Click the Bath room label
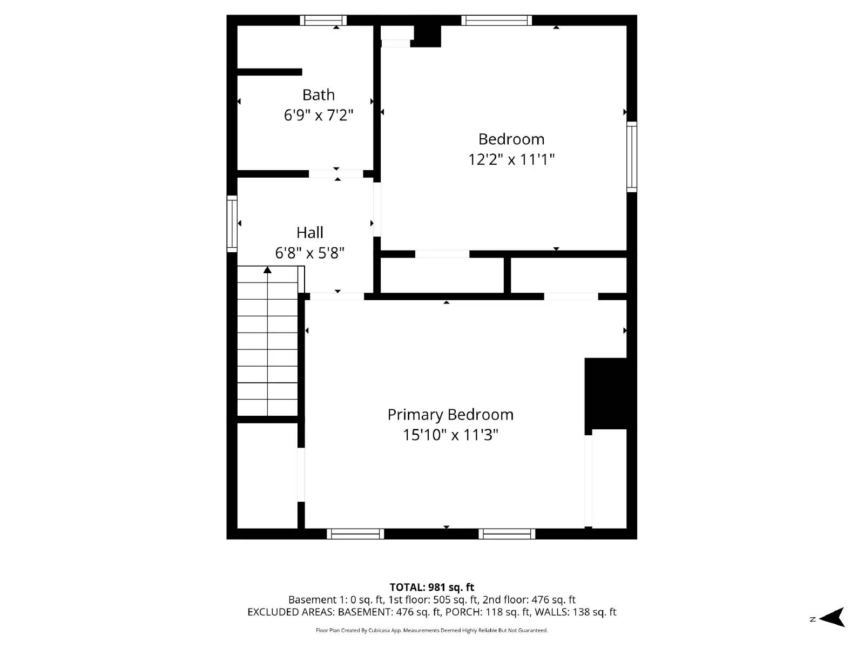click(x=319, y=95)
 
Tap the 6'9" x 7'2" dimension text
click(x=319, y=115)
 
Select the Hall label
click(x=310, y=233)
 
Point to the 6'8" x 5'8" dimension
click(x=310, y=253)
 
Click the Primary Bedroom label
click(x=450, y=415)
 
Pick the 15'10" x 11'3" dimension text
click(x=450, y=435)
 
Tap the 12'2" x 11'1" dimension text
click(x=511, y=159)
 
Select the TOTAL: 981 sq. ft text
click(x=432, y=587)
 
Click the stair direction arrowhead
click(x=267, y=269)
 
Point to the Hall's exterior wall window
click(x=232, y=224)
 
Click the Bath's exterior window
click(x=323, y=21)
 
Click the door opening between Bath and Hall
click(x=336, y=174)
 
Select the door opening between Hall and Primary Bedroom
click(x=337, y=296)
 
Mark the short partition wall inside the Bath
click(x=269, y=72)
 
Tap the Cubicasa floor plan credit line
click(x=432, y=630)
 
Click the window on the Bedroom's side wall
click(x=631, y=157)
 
